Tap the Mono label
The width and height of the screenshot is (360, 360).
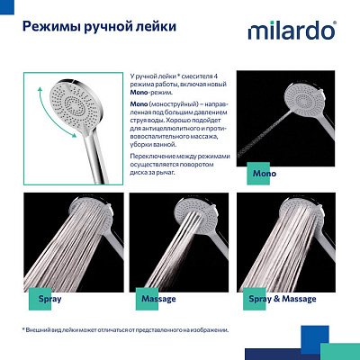click(x=265, y=171)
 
